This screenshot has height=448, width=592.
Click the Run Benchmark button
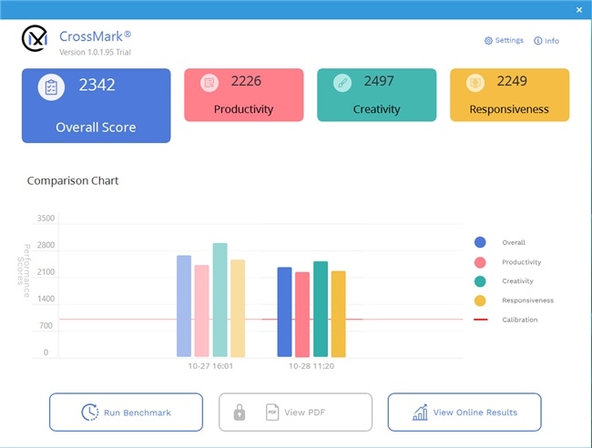[x=126, y=412]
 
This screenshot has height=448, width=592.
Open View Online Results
[x=464, y=412]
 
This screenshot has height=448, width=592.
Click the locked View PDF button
[x=295, y=412]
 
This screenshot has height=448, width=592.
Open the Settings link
[x=504, y=41]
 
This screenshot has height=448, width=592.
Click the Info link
[x=546, y=41]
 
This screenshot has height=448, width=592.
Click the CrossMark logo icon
[x=35, y=39]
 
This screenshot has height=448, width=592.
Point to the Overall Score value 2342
[x=97, y=86]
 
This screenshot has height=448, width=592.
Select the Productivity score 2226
[x=246, y=82]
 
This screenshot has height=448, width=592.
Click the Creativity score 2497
[x=379, y=82]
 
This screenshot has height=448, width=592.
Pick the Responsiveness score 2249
[x=512, y=82]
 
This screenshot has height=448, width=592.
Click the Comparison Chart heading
[x=73, y=180]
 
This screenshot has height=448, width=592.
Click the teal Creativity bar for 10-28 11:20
[x=321, y=309]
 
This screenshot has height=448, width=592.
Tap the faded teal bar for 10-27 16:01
[x=219, y=300]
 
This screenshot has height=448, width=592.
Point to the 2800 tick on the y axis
[x=46, y=246]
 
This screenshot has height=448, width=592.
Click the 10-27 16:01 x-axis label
[x=210, y=366]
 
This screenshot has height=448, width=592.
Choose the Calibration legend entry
[x=519, y=320]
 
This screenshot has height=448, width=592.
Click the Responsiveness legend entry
[x=527, y=300]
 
